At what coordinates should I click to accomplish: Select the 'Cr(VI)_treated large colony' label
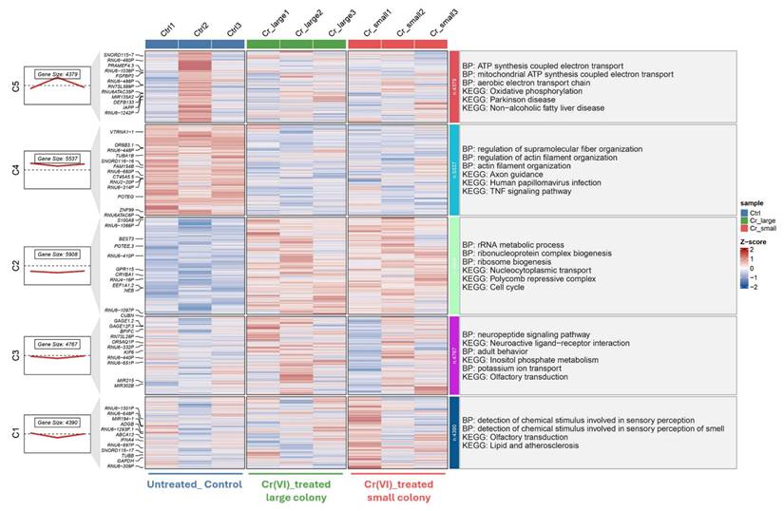(x=294, y=491)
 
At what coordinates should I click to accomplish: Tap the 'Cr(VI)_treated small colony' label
(x=398, y=491)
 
